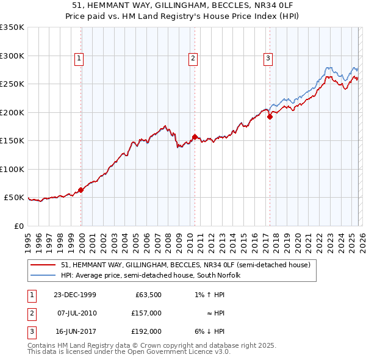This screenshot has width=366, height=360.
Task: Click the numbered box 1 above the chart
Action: point(79,59)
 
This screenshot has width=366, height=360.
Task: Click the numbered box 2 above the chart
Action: point(193,59)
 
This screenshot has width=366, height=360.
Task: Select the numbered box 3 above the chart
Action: point(268,59)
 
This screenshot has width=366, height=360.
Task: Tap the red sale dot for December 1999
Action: point(81,190)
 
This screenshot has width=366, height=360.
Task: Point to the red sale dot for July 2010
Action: point(195,137)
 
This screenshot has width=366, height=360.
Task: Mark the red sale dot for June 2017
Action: point(270,117)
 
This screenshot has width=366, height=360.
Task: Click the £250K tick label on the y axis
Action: point(12,84)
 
